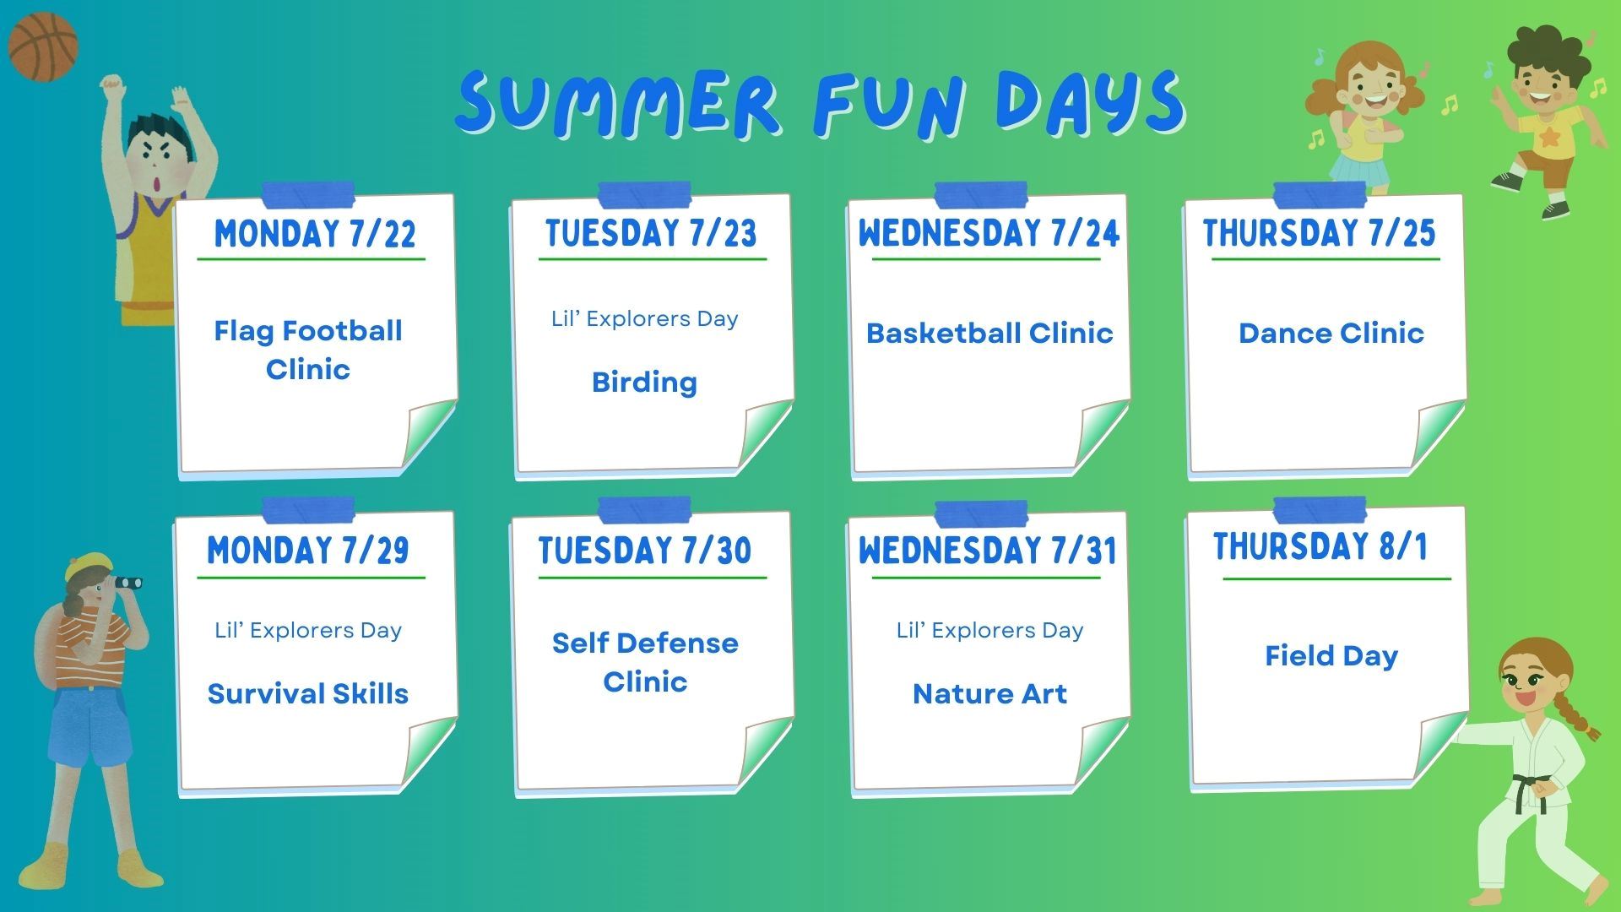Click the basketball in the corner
tap(43, 46)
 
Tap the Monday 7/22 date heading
tap(315, 233)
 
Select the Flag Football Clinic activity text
tap(308, 350)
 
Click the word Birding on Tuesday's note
tap(644, 383)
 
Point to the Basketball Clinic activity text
tap(989, 333)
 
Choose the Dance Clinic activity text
tap(1331, 333)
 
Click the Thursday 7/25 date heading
tap(1320, 233)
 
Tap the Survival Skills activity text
tap(308, 693)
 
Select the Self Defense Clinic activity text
tap(645, 662)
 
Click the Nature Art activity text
tap(989, 693)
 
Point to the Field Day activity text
tap(1331, 656)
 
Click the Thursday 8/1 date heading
tap(1320, 546)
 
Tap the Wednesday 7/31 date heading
tap(988, 551)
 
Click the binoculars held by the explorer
tap(127, 582)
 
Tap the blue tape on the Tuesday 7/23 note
tap(644, 195)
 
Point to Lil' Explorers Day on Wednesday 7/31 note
tap(989, 631)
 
